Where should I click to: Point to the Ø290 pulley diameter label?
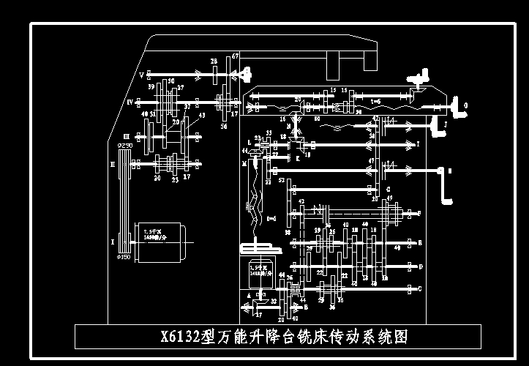pyautogui.click(x=125, y=146)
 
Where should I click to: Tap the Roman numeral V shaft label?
pyautogui.click(x=141, y=74)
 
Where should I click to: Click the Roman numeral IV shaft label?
pyautogui.click(x=130, y=102)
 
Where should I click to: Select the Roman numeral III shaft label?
pyautogui.click(x=127, y=135)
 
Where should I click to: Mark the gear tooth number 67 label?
pyautogui.click(x=235, y=56)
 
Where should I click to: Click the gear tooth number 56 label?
pyautogui.click(x=224, y=126)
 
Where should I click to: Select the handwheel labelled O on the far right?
pyautogui.click(x=461, y=108)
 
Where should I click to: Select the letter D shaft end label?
pyautogui.click(x=419, y=266)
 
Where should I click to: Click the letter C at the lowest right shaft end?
pyautogui.click(x=419, y=289)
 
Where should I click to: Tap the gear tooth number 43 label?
pyautogui.click(x=201, y=115)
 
